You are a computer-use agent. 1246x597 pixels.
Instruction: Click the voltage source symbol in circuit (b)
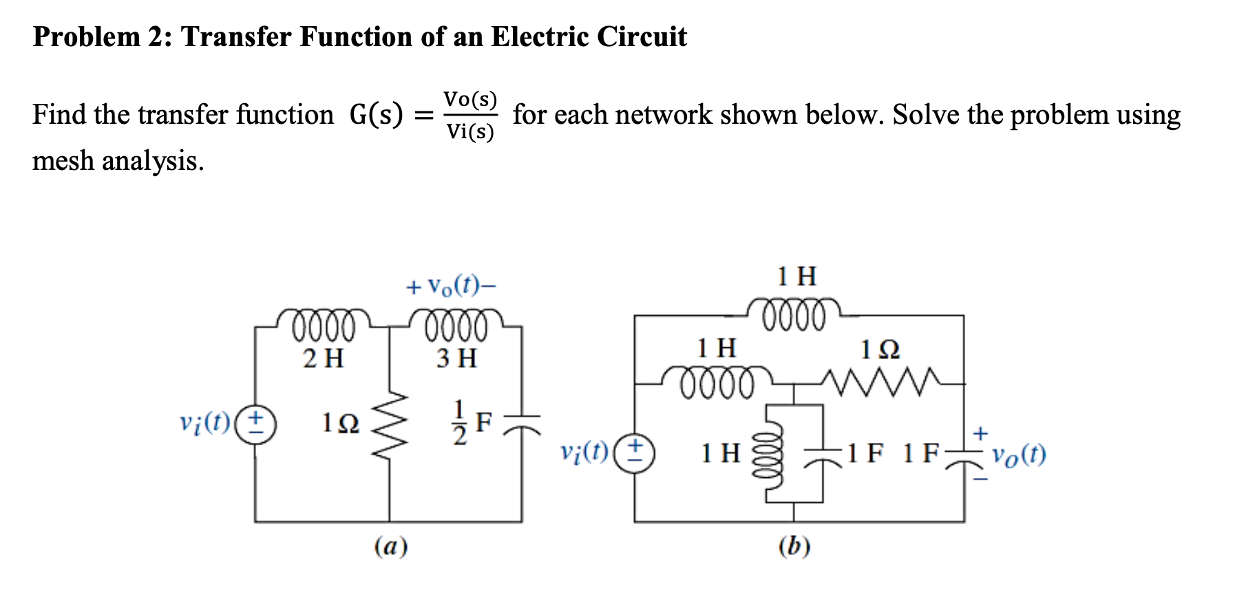[x=634, y=453]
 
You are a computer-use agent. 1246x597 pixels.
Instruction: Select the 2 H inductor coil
[x=324, y=325]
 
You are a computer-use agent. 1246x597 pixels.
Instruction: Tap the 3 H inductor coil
[x=456, y=325]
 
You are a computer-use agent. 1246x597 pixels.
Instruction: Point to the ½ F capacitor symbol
[x=522, y=424]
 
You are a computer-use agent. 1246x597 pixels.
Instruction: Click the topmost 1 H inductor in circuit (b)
[x=794, y=314]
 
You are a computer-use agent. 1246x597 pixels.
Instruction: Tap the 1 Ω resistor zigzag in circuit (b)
[x=881, y=382]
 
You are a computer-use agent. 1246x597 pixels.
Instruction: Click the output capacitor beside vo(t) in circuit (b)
[x=964, y=456]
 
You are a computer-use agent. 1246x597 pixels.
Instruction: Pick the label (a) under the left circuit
[x=391, y=547]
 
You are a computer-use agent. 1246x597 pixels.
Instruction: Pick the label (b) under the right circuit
[x=794, y=547]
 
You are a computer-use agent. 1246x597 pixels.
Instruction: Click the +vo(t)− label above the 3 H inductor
[x=451, y=285]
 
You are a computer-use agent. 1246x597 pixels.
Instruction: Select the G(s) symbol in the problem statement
[x=376, y=114]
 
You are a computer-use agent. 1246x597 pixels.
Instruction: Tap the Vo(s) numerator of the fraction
[x=470, y=99]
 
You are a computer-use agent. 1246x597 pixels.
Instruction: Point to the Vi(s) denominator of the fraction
[x=470, y=131]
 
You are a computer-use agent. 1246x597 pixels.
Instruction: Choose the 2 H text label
[x=324, y=358]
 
